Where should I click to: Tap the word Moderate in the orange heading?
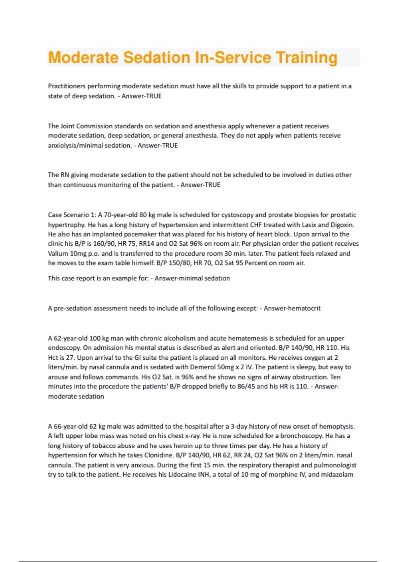pyautogui.click(x=83, y=58)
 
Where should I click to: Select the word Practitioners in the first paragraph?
pyautogui.click(x=67, y=86)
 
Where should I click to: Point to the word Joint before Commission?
pyautogui.click(x=67, y=126)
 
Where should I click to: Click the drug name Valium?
pyautogui.click(x=58, y=254)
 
